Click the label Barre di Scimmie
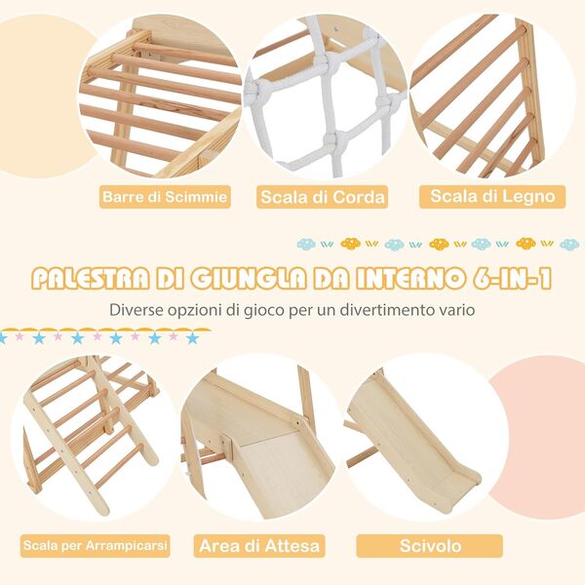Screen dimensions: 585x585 (x=165, y=198)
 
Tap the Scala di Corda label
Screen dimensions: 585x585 (x=322, y=198)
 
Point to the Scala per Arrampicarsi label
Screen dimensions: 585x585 (x=95, y=544)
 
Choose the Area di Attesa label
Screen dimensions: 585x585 (x=259, y=545)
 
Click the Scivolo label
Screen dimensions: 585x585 (x=429, y=545)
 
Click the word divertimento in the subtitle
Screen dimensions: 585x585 (x=381, y=309)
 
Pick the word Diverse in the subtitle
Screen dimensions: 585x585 (x=137, y=309)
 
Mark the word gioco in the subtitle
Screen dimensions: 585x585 (x=270, y=309)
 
